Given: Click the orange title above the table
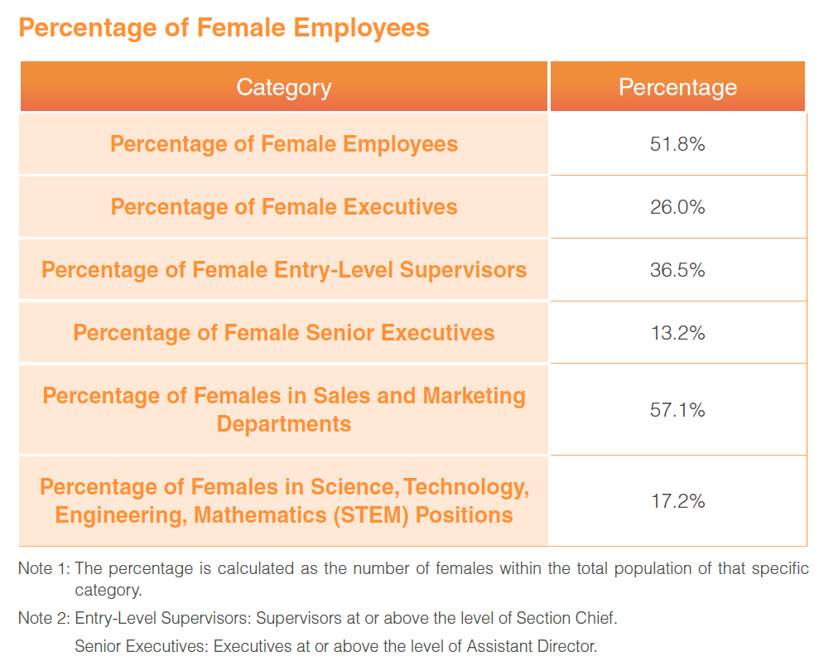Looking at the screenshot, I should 224,28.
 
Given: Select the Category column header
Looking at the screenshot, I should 283,87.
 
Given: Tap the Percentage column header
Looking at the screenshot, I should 677,87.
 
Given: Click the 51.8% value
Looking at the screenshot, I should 677,144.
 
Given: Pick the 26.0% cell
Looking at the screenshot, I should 677,207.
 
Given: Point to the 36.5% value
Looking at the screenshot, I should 677,270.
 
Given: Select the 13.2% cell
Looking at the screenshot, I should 677,333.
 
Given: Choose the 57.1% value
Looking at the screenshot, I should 677,409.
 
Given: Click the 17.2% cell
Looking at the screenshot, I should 677,501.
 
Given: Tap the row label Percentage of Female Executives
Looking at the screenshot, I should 284,206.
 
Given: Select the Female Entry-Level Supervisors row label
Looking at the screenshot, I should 284,269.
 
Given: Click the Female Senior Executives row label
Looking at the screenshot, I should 284,333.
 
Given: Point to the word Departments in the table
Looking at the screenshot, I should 284,424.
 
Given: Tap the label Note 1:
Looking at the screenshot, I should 44,570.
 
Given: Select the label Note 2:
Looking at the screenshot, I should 44,618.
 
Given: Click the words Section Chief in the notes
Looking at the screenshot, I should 566,618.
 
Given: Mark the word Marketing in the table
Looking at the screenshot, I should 474,396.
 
